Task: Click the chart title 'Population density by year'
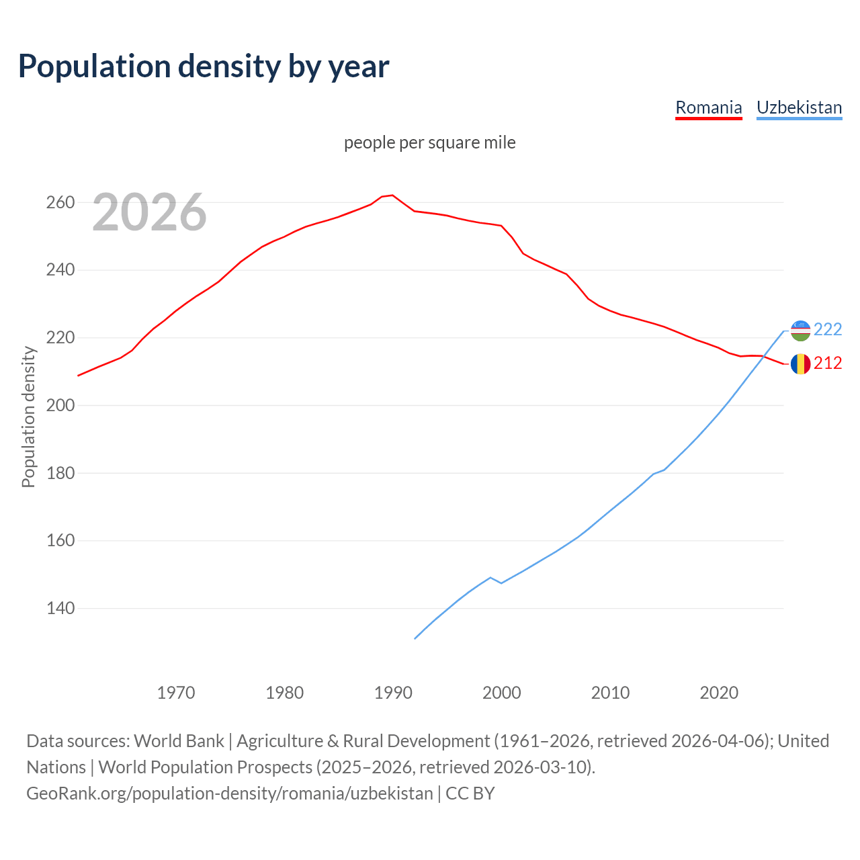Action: pyautogui.click(x=204, y=66)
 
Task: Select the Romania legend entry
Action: pyautogui.click(x=708, y=107)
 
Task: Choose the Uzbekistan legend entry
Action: pyautogui.click(x=799, y=107)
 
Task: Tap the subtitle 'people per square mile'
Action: pyautogui.click(x=429, y=142)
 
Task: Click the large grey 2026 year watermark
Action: pyautogui.click(x=149, y=212)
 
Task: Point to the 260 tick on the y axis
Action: pyautogui.click(x=60, y=202)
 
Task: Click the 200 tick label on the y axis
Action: pyautogui.click(x=60, y=405)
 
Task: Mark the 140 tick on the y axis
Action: pyautogui.click(x=60, y=608)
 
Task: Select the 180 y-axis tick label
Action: pyautogui.click(x=60, y=473)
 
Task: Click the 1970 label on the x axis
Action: pyautogui.click(x=176, y=692)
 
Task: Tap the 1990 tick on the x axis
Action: pyautogui.click(x=393, y=692)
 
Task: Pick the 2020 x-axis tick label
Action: pyautogui.click(x=719, y=692)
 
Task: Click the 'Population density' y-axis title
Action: pyautogui.click(x=28, y=417)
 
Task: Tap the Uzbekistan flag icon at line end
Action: pyautogui.click(x=800, y=330)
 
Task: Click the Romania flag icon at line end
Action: pyautogui.click(x=800, y=363)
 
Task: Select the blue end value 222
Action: pyautogui.click(x=828, y=329)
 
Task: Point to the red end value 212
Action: pyautogui.click(x=828, y=363)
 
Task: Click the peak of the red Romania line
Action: pyautogui.click(x=392, y=195)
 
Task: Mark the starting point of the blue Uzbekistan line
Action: pyautogui.click(x=415, y=638)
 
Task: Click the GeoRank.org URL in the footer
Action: pyautogui.click(x=230, y=793)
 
